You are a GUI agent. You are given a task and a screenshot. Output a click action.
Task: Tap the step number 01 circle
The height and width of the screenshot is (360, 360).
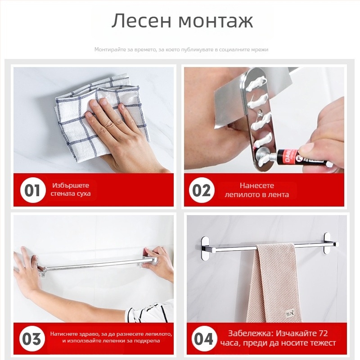point(32,190)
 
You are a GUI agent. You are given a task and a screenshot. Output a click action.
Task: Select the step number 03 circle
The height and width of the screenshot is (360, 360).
point(32,338)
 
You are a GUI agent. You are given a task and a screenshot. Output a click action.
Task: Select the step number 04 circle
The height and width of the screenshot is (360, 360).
point(203,338)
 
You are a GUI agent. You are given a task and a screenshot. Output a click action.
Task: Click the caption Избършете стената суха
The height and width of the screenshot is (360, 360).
point(71,189)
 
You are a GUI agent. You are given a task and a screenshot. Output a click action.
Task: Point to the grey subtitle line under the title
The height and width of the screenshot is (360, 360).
point(181,49)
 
